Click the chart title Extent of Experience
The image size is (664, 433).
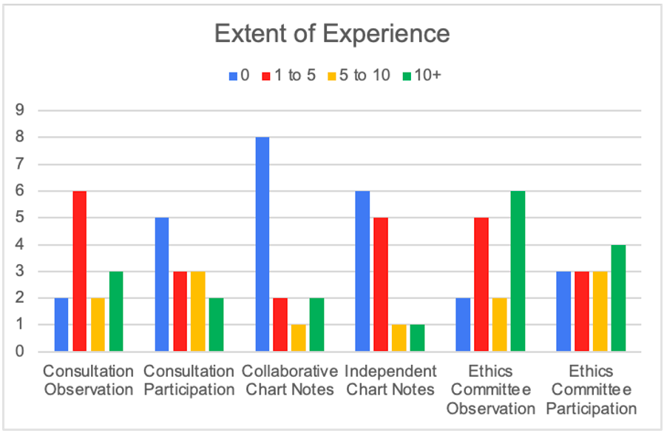point(331,34)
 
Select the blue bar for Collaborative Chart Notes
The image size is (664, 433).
point(262,244)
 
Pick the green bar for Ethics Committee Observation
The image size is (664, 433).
point(518,271)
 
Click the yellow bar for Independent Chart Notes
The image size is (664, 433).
point(399,338)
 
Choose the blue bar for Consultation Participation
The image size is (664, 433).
point(162,284)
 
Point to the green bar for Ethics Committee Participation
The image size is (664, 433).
point(619,298)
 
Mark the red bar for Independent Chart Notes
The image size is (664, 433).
point(381,284)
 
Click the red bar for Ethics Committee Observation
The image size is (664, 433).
point(481,284)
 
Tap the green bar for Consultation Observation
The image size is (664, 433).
point(117,311)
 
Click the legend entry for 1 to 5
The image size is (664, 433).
point(289,75)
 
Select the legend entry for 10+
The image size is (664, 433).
point(422,75)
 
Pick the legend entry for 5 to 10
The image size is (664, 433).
point(359,75)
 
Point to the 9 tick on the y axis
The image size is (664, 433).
point(21,110)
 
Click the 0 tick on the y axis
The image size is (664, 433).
point(21,352)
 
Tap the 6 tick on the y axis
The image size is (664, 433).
point(21,191)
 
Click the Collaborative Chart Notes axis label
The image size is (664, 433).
point(290,379)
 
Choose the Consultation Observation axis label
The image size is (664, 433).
point(89,379)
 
